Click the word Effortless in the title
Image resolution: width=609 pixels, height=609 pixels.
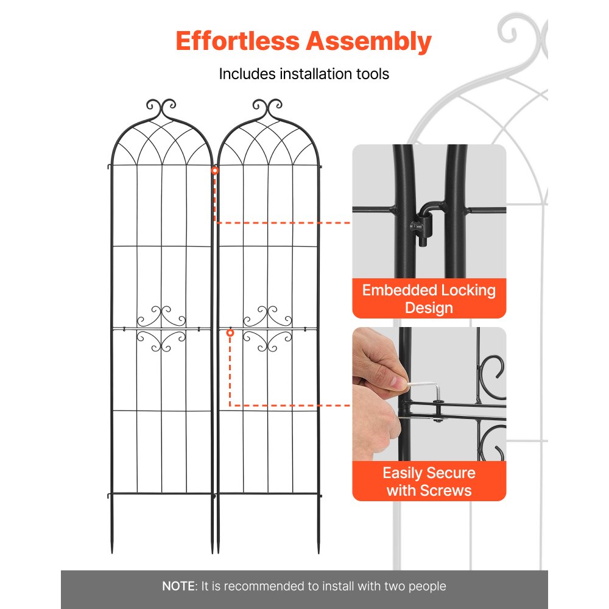237,42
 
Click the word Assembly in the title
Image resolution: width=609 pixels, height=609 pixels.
368,42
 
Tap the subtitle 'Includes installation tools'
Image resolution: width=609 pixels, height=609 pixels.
304,74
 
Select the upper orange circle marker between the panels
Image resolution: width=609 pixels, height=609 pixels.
214,171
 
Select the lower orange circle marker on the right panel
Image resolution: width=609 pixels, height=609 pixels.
230,333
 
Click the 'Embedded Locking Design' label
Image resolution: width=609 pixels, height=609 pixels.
429,298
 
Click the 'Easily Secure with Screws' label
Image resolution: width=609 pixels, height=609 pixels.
429,481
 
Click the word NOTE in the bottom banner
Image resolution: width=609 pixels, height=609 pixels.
178,586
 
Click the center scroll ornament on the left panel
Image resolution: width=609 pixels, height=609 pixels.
161,329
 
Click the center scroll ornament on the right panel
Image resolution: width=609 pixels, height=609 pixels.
268,329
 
